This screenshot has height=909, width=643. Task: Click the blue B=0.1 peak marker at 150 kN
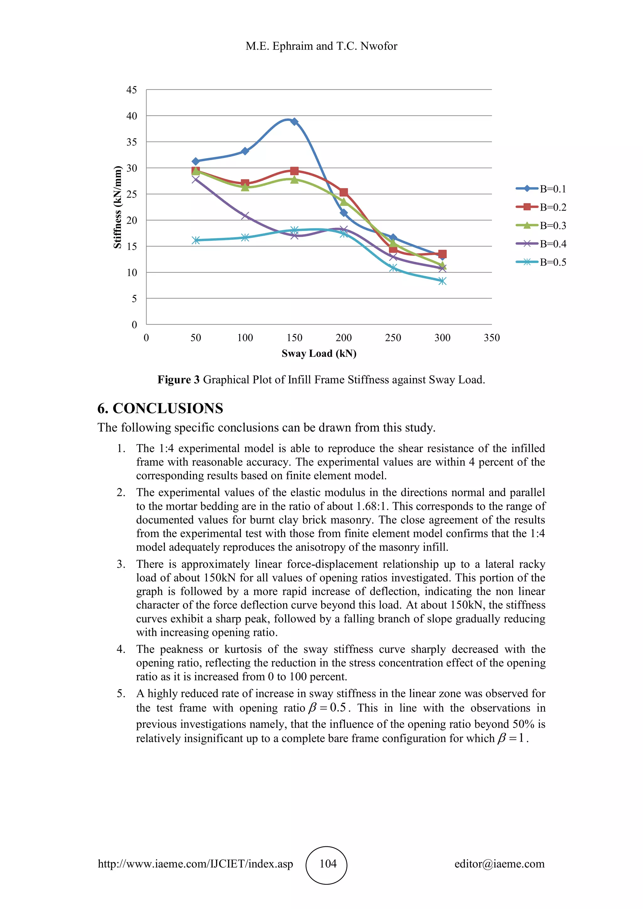(294, 121)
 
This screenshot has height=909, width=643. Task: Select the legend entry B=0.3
(553, 226)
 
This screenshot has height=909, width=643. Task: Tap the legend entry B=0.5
(553, 262)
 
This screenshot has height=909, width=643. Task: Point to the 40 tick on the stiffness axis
(132, 116)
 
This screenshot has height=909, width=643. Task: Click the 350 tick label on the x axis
(492, 338)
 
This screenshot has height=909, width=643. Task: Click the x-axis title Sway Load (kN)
(319, 353)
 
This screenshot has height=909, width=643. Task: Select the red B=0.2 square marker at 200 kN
(344, 192)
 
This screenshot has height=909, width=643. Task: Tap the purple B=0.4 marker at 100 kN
(245, 216)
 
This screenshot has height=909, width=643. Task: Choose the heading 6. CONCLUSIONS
(160, 408)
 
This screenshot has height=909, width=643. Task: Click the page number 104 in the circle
(328, 863)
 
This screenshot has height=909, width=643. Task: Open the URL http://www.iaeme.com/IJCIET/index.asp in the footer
(196, 864)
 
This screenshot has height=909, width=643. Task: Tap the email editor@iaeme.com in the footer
(499, 864)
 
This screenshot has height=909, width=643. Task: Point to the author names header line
(321, 46)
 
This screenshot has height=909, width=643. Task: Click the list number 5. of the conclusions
(121, 694)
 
